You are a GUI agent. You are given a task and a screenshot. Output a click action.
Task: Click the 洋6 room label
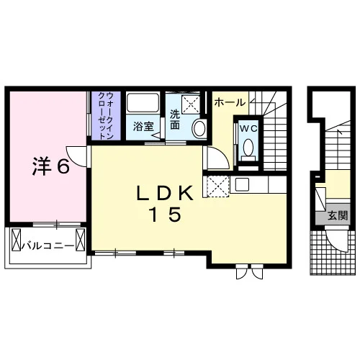(x=51, y=166)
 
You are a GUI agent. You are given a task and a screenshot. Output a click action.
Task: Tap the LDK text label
(x=165, y=194)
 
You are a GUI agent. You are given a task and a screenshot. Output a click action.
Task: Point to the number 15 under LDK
(x=165, y=215)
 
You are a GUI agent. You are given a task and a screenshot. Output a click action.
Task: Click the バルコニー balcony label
(x=48, y=246)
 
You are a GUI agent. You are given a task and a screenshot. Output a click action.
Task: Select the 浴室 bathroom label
(x=143, y=127)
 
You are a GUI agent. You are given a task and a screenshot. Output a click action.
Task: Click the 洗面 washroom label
(x=175, y=120)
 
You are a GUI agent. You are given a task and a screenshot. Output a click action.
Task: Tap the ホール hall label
(x=230, y=103)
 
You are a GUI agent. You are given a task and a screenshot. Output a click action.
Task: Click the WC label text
(x=249, y=129)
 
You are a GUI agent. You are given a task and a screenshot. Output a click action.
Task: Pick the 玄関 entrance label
(x=338, y=216)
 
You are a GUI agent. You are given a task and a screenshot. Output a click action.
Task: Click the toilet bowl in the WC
(x=248, y=147)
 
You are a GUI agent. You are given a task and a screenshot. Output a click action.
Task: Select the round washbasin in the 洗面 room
(x=199, y=129)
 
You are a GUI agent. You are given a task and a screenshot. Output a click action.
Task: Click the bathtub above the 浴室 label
(x=143, y=103)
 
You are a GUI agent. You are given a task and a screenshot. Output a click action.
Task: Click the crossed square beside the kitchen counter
(x=217, y=186)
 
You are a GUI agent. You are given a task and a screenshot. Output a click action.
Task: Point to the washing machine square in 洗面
(x=191, y=104)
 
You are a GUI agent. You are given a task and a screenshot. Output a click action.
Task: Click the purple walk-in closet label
(x=106, y=116)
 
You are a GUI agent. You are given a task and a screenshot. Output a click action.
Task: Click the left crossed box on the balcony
(x=17, y=240)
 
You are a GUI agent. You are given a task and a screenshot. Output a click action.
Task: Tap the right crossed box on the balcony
(x=81, y=240)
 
